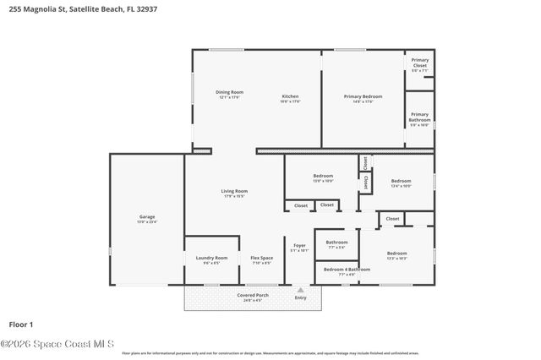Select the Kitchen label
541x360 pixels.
(290, 96)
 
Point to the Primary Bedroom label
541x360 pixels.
(363, 96)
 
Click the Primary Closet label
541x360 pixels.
(420, 62)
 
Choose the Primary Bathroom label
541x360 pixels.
(420, 117)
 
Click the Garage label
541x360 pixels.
(147, 216)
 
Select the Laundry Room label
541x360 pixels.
(211, 258)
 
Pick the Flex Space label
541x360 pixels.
(261, 258)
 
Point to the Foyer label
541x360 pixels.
(300, 245)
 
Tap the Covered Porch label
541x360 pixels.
(253, 295)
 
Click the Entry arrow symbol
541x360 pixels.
(300, 289)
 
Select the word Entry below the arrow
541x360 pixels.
(300, 297)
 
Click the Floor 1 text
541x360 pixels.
(20, 324)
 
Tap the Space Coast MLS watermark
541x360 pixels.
(57, 344)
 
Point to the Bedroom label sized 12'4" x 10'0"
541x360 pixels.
(401, 181)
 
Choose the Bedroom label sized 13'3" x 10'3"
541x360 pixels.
(396, 254)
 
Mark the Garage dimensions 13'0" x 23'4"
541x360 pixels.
(147, 221)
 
